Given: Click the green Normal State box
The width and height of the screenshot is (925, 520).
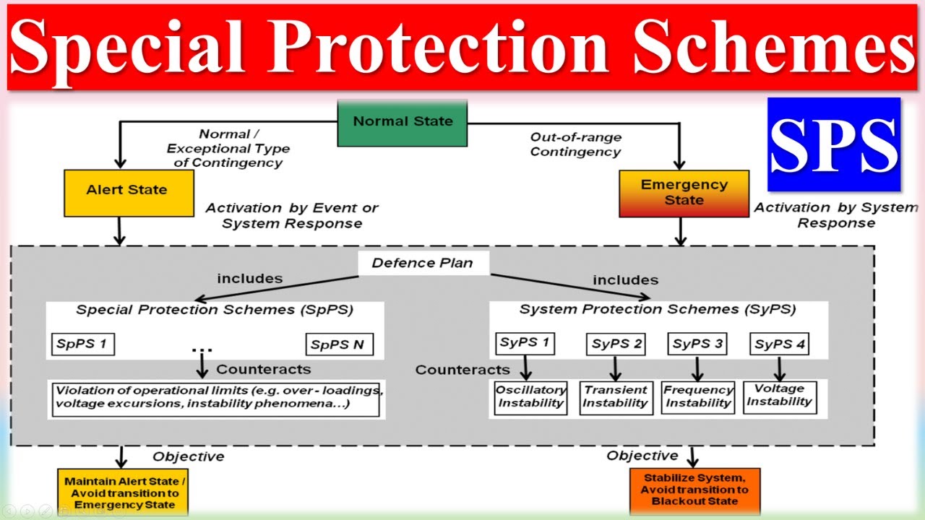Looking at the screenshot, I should (403, 122).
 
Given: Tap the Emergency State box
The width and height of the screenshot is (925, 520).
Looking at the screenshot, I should (684, 193).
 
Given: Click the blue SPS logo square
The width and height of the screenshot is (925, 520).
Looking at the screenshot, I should (833, 144).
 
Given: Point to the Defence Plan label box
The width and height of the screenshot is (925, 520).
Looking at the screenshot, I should (423, 263).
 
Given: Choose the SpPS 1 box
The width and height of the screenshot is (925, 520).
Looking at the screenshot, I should (82, 344).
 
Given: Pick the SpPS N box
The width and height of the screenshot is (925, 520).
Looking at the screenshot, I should (339, 344).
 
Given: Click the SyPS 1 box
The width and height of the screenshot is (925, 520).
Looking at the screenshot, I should (525, 342).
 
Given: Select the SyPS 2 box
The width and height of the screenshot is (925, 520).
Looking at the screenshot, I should (616, 344).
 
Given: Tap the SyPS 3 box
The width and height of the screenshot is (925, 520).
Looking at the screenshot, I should (698, 344).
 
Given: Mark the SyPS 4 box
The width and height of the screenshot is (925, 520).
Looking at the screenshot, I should (779, 344).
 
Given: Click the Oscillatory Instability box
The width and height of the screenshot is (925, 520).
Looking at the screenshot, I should (530, 396).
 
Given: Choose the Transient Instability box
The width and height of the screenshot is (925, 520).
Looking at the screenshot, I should (616, 396).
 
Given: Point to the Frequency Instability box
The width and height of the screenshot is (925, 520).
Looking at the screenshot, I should (698, 397).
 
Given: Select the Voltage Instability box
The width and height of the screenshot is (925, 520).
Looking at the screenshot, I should (779, 396).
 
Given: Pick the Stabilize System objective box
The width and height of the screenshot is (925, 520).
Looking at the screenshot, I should (694, 490).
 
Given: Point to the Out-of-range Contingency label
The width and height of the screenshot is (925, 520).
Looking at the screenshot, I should (575, 144).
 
